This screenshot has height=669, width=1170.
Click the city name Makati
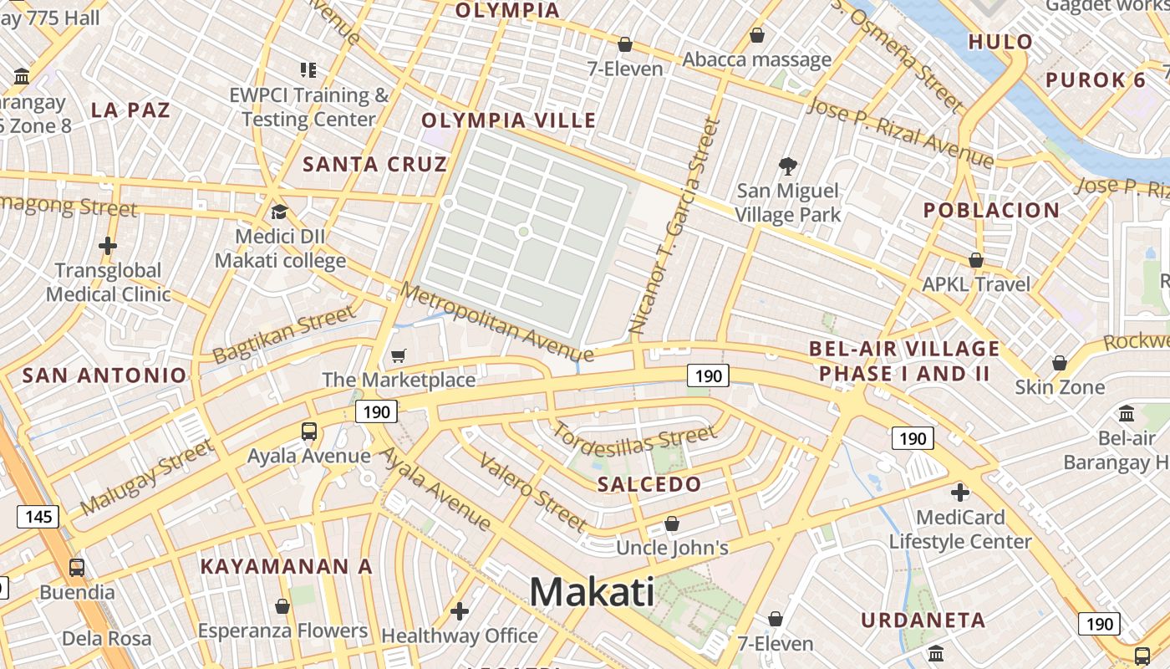tap(592, 592)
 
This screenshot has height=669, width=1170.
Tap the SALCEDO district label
tap(649, 484)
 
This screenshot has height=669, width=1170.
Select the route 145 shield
tap(38, 516)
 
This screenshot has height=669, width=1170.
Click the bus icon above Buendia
tap(76, 567)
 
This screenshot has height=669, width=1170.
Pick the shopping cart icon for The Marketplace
tap(399, 356)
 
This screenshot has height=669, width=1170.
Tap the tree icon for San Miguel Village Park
tap(786, 166)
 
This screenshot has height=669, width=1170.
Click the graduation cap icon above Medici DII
tap(278, 212)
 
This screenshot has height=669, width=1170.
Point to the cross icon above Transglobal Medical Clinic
tap(107, 246)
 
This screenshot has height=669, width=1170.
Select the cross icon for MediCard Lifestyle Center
tap(959, 492)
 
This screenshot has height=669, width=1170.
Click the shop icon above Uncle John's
tap(671, 523)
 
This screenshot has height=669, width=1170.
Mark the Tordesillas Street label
tap(634, 439)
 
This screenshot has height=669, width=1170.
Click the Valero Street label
tap(532, 493)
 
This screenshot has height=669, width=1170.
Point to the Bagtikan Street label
tap(283, 334)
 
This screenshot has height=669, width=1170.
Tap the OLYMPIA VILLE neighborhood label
tap(508, 120)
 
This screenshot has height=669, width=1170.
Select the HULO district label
tap(1000, 42)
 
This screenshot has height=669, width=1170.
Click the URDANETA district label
tap(923, 620)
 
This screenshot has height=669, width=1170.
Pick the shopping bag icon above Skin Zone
tap(1059, 363)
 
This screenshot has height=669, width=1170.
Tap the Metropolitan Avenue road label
tap(496, 323)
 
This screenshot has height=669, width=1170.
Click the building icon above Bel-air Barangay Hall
tap(1126, 414)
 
